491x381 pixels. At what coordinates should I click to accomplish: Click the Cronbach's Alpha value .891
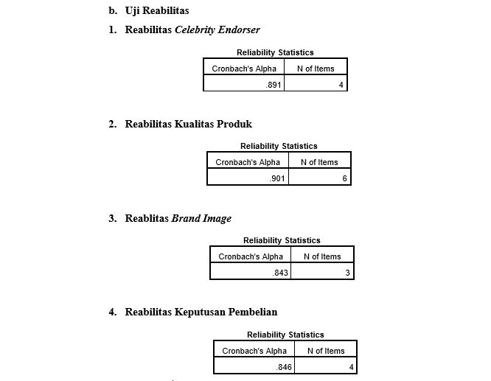pyautogui.click(x=273, y=85)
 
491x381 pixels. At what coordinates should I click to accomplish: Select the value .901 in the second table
pyautogui.click(x=276, y=178)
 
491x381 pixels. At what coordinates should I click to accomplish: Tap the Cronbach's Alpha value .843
pyautogui.click(x=280, y=273)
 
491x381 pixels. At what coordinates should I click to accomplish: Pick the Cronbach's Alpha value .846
pyautogui.click(x=284, y=367)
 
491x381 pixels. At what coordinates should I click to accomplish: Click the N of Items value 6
pyautogui.click(x=344, y=178)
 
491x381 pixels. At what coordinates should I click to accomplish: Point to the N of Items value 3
pyautogui.click(x=347, y=273)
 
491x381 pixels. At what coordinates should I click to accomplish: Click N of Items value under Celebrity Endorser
pyautogui.click(x=341, y=85)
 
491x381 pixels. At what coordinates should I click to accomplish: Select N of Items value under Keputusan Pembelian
pyautogui.click(x=352, y=367)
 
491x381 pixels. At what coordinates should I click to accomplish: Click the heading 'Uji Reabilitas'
pyautogui.click(x=157, y=11)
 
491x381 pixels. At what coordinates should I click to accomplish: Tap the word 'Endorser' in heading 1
pyautogui.click(x=239, y=29)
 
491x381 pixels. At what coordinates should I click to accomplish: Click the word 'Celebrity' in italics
pyautogui.click(x=195, y=30)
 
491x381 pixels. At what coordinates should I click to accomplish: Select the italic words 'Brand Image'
pyautogui.click(x=201, y=219)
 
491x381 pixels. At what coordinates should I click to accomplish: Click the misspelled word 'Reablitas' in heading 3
pyautogui.click(x=147, y=218)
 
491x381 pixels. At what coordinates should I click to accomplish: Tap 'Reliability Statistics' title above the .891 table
pyautogui.click(x=275, y=52)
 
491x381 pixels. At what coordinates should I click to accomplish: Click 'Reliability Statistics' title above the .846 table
pyautogui.click(x=285, y=335)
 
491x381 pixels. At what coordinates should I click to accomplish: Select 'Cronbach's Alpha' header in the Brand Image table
pyautogui.click(x=251, y=256)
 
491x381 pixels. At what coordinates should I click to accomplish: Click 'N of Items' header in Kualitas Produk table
pyautogui.click(x=319, y=162)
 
